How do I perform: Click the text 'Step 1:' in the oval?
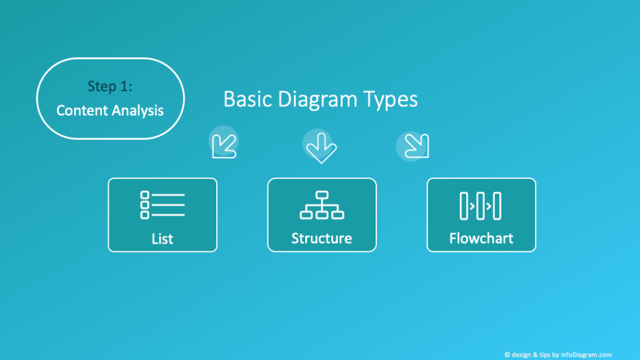110,86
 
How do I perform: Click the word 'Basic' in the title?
247,99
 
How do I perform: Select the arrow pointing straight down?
321,147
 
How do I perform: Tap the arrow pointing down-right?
417,146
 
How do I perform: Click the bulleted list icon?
162,205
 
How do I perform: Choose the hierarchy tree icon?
322,205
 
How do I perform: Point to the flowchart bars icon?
481,206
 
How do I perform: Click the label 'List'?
162,239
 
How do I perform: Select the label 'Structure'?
322,238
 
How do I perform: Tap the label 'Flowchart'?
481,238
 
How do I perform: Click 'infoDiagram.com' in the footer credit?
586,355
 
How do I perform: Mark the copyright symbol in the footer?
507,355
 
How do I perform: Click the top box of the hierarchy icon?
322,195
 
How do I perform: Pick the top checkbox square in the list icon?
145,195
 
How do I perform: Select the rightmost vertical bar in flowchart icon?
497,206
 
